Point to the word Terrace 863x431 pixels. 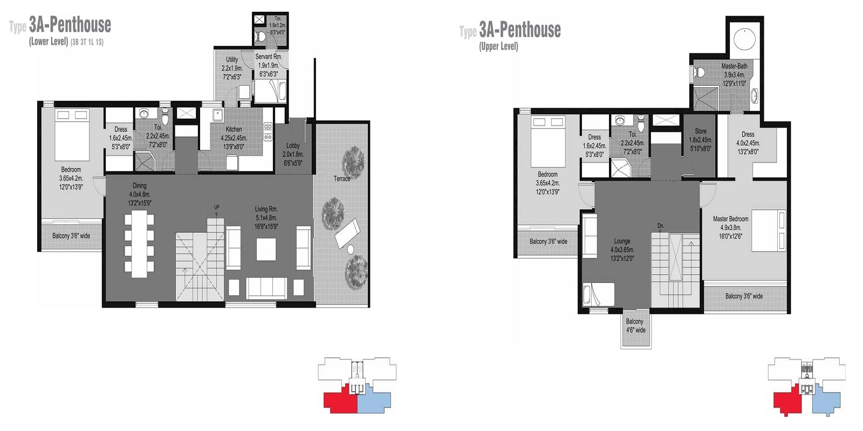tap(342, 179)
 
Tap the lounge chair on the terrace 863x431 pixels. tap(345, 233)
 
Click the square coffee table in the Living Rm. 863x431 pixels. tap(266, 249)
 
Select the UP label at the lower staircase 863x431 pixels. tap(217, 207)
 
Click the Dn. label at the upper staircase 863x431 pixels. tap(661, 226)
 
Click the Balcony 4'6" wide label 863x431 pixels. tap(635, 326)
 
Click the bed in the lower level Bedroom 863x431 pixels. tap(72, 135)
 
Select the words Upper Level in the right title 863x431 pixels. tap(498, 47)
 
